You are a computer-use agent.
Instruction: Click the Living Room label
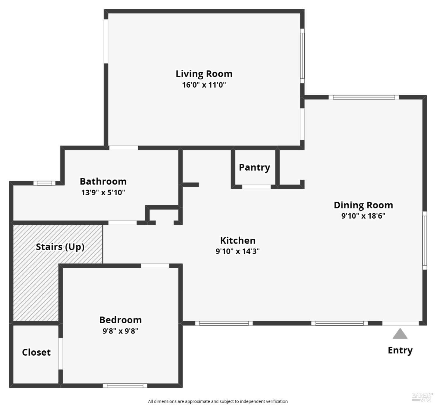click(204, 74)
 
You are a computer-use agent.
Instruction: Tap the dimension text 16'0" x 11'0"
click(204, 85)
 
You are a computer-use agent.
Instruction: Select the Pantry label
click(254, 167)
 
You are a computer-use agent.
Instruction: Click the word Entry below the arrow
click(400, 350)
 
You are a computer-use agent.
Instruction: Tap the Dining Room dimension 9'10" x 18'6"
click(363, 216)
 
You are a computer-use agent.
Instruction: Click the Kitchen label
click(238, 240)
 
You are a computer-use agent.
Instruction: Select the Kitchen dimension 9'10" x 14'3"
click(237, 251)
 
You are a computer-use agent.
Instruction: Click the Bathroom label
click(103, 181)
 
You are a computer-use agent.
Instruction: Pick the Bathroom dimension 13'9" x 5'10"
click(103, 192)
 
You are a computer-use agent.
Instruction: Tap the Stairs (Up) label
click(60, 247)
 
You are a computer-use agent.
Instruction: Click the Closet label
click(36, 352)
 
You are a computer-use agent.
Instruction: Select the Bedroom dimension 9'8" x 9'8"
click(120, 331)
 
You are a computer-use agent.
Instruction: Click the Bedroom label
click(120, 320)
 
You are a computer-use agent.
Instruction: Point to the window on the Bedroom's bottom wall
click(125, 386)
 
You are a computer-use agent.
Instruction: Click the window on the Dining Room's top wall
click(364, 97)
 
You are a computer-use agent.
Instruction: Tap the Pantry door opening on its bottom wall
click(256, 187)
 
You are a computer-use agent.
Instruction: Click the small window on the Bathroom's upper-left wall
click(44, 183)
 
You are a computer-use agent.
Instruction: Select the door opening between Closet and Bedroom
click(60, 354)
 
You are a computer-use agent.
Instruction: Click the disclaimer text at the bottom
click(218, 401)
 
